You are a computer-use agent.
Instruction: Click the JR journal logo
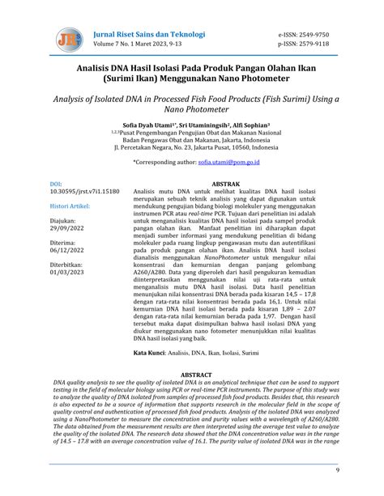(x=68, y=39)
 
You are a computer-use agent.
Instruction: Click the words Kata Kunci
(x=151, y=354)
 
